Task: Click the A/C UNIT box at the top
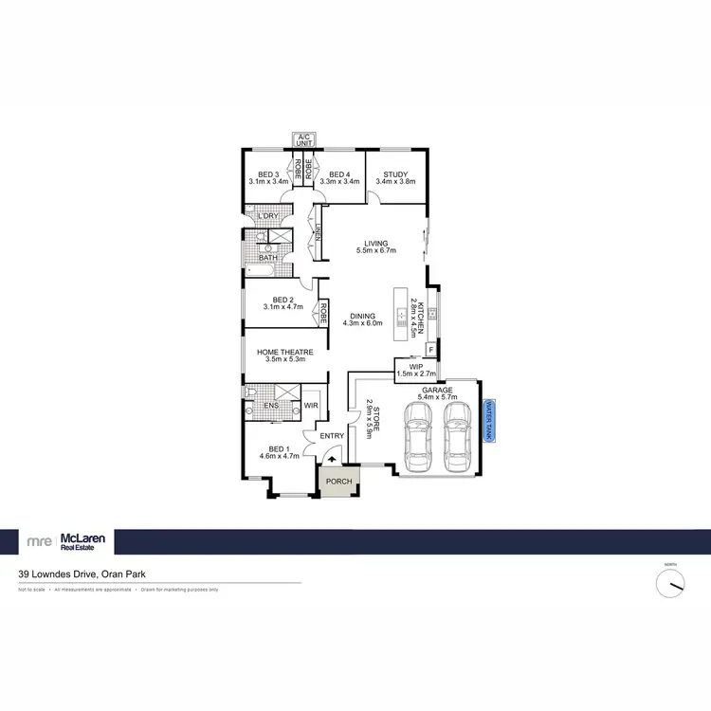click(x=304, y=140)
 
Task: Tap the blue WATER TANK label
click(x=490, y=418)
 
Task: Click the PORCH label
click(x=338, y=482)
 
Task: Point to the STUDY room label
click(x=395, y=173)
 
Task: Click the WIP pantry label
click(x=414, y=365)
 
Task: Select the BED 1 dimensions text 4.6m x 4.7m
click(x=280, y=456)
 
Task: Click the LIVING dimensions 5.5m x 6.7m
click(x=375, y=251)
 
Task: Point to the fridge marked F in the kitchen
click(x=431, y=350)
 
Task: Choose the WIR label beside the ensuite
click(x=310, y=406)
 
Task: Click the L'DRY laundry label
click(x=268, y=217)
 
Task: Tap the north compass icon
click(x=670, y=582)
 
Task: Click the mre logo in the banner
click(x=39, y=541)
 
